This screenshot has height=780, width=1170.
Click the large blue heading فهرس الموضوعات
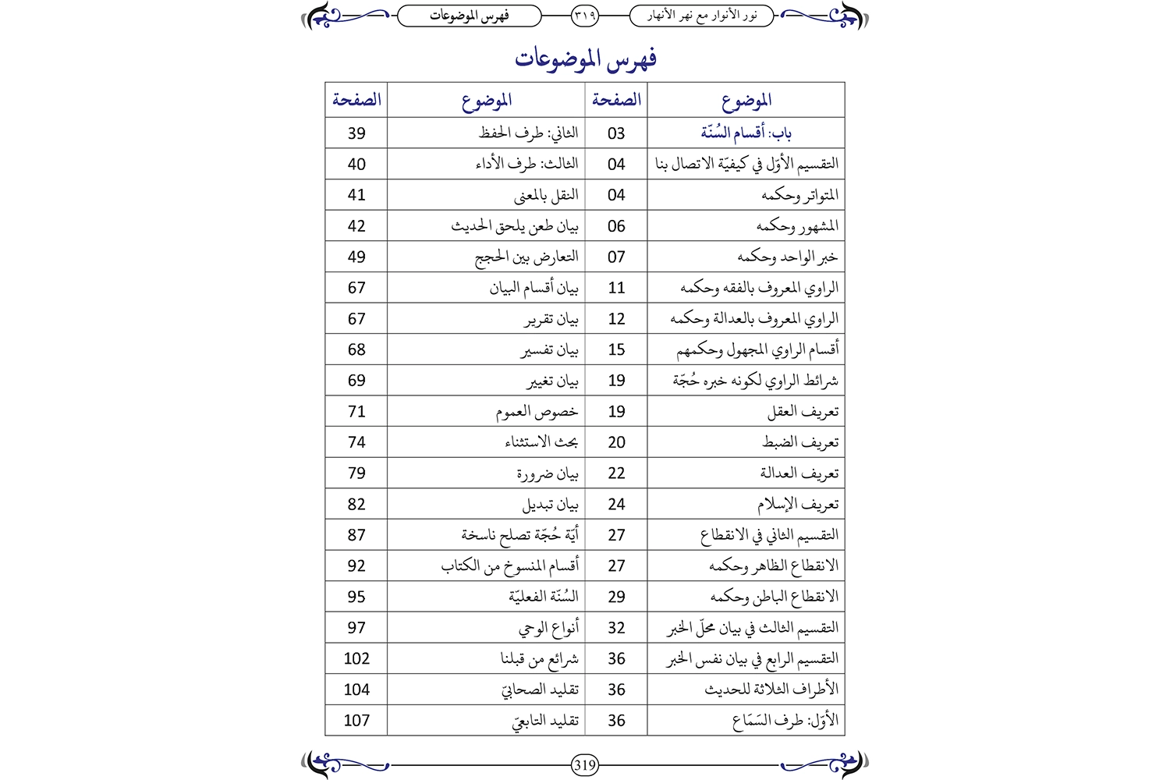click(585, 59)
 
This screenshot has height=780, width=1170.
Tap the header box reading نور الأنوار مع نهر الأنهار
click(701, 15)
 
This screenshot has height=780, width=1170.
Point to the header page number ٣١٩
click(585, 15)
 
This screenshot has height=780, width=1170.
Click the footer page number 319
click(585, 765)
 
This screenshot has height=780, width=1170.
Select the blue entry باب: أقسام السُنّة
click(746, 133)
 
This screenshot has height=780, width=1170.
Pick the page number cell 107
click(356, 721)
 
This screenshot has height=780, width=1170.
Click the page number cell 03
click(616, 133)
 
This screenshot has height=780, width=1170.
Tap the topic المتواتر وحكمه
click(799, 195)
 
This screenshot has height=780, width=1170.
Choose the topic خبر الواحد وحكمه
click(788, 257)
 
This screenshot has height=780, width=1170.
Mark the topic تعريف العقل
click(803, 411)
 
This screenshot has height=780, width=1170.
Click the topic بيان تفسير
click(550, 350)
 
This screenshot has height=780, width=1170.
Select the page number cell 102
click(356, 658)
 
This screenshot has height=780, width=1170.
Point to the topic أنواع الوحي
click(549, 628)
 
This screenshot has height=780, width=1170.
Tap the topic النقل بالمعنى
click(546, 195)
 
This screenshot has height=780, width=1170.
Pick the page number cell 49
click(356, 257)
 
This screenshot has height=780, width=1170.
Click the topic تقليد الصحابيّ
click(540, 690)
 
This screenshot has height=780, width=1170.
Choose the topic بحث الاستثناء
click(541, 442)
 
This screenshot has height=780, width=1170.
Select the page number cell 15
click(616, 349)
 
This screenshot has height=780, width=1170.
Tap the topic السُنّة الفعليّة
click(544, 597)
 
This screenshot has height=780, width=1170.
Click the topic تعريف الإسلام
click(797, 504)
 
